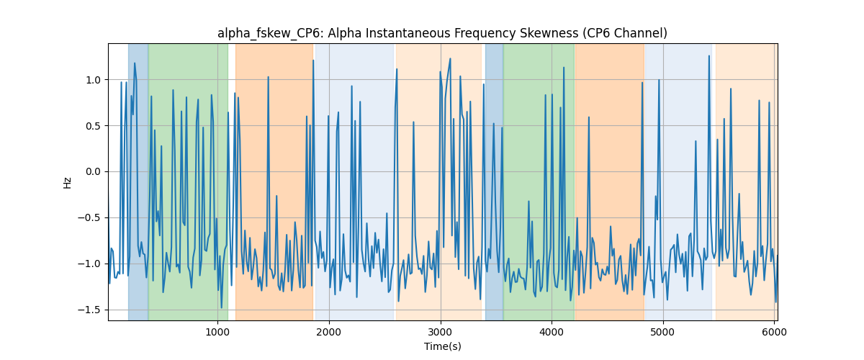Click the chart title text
442,34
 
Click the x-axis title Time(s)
442,346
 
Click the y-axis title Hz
68,183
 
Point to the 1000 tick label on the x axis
217,332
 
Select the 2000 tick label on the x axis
329,332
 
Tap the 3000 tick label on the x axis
441,332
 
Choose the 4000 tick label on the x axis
552,332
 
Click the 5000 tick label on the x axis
663,332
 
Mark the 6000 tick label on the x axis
774,332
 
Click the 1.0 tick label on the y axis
93,80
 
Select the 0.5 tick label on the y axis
93,126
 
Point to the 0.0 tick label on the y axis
93,171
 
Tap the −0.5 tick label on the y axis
89,218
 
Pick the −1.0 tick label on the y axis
89,264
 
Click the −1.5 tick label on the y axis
89,310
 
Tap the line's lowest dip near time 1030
222,308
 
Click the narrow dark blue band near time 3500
494,181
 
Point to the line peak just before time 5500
709,56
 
